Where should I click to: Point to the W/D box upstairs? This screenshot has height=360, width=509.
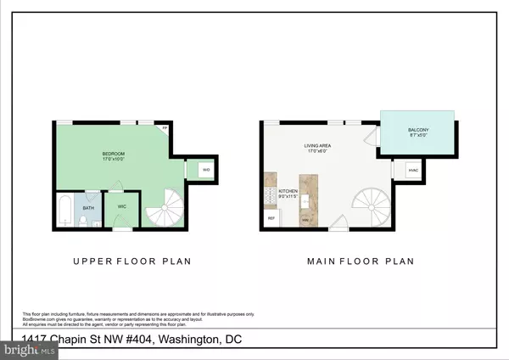[x=206, y=170]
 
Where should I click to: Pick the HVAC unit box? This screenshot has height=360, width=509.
[x=413, y=170]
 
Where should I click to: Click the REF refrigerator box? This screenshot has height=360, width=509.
[x=271, y=218]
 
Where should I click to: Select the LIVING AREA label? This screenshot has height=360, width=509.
[x=318, y=145]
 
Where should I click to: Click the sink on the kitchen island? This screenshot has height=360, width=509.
[x=305, y=220]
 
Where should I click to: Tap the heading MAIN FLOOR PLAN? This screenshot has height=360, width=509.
[x=359, y=262]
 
